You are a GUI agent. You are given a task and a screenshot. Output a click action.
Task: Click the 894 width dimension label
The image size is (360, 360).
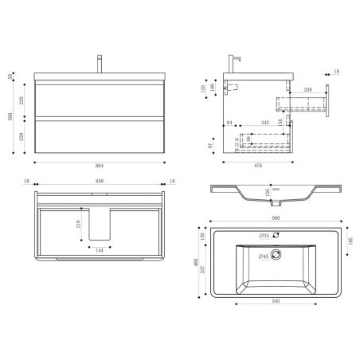99,166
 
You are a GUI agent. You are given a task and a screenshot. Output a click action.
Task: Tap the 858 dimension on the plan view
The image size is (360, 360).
99,182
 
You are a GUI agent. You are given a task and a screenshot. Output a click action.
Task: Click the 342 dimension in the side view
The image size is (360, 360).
263,123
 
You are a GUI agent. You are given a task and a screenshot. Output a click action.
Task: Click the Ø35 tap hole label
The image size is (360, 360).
264,237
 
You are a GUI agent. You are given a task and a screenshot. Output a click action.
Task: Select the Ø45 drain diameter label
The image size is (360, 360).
263,255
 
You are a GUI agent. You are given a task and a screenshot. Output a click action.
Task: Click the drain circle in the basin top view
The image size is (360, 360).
276,255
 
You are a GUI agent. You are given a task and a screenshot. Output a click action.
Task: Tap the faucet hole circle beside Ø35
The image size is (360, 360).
276,237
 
